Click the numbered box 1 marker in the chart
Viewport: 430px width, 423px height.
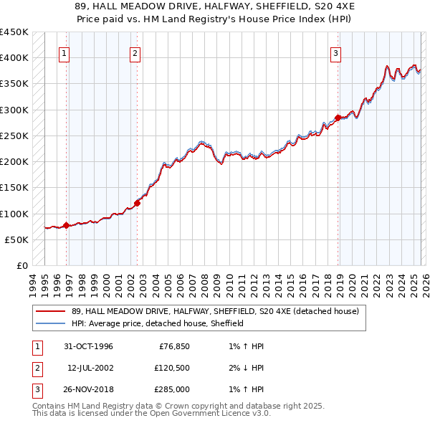[x=64, y=52]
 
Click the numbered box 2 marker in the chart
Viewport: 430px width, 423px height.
[x=135, y=52]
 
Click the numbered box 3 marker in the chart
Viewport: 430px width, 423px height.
[x=335, y=52]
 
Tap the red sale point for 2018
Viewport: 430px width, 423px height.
[x=338, y=118]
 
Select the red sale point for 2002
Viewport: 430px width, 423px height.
[x=138, y=203]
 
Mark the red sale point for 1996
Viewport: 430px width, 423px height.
[x=67, y=225]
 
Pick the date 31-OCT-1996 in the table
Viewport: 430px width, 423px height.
[x=88, y=347]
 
